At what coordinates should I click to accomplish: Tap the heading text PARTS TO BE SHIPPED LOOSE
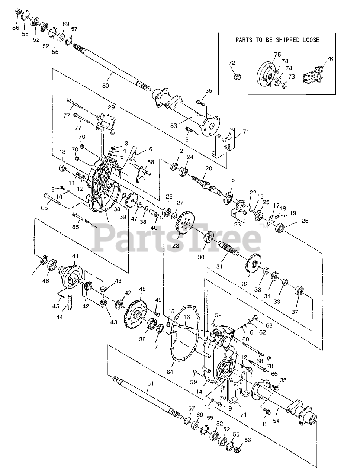pos(277,40)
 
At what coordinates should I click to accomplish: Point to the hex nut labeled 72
pos(236,76)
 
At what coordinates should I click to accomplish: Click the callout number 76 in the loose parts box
pos(330,59)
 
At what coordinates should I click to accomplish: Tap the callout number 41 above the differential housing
pos(75,256)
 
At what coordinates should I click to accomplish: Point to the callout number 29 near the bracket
pos(111,107)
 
